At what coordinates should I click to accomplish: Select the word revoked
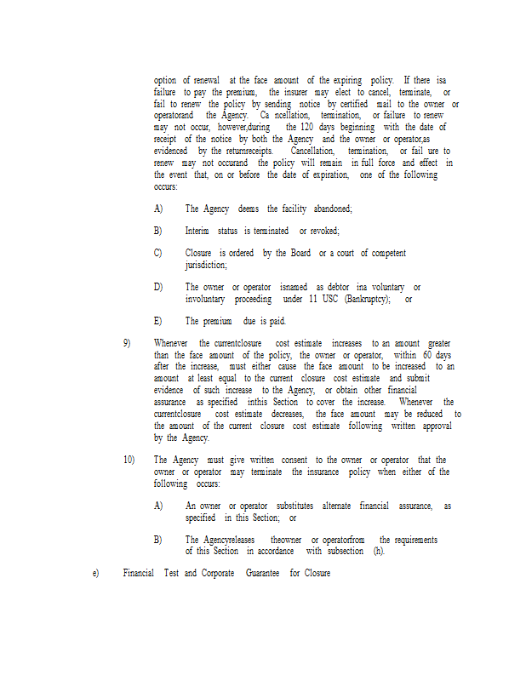pyautogui.click(x=323, y=231)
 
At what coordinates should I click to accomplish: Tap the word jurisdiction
pyautogui.click(x=206, y=265)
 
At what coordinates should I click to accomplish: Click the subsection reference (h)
pyautogui.click(x=379, y=551)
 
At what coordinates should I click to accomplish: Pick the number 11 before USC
pyautogui.click(x=312, y=299)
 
